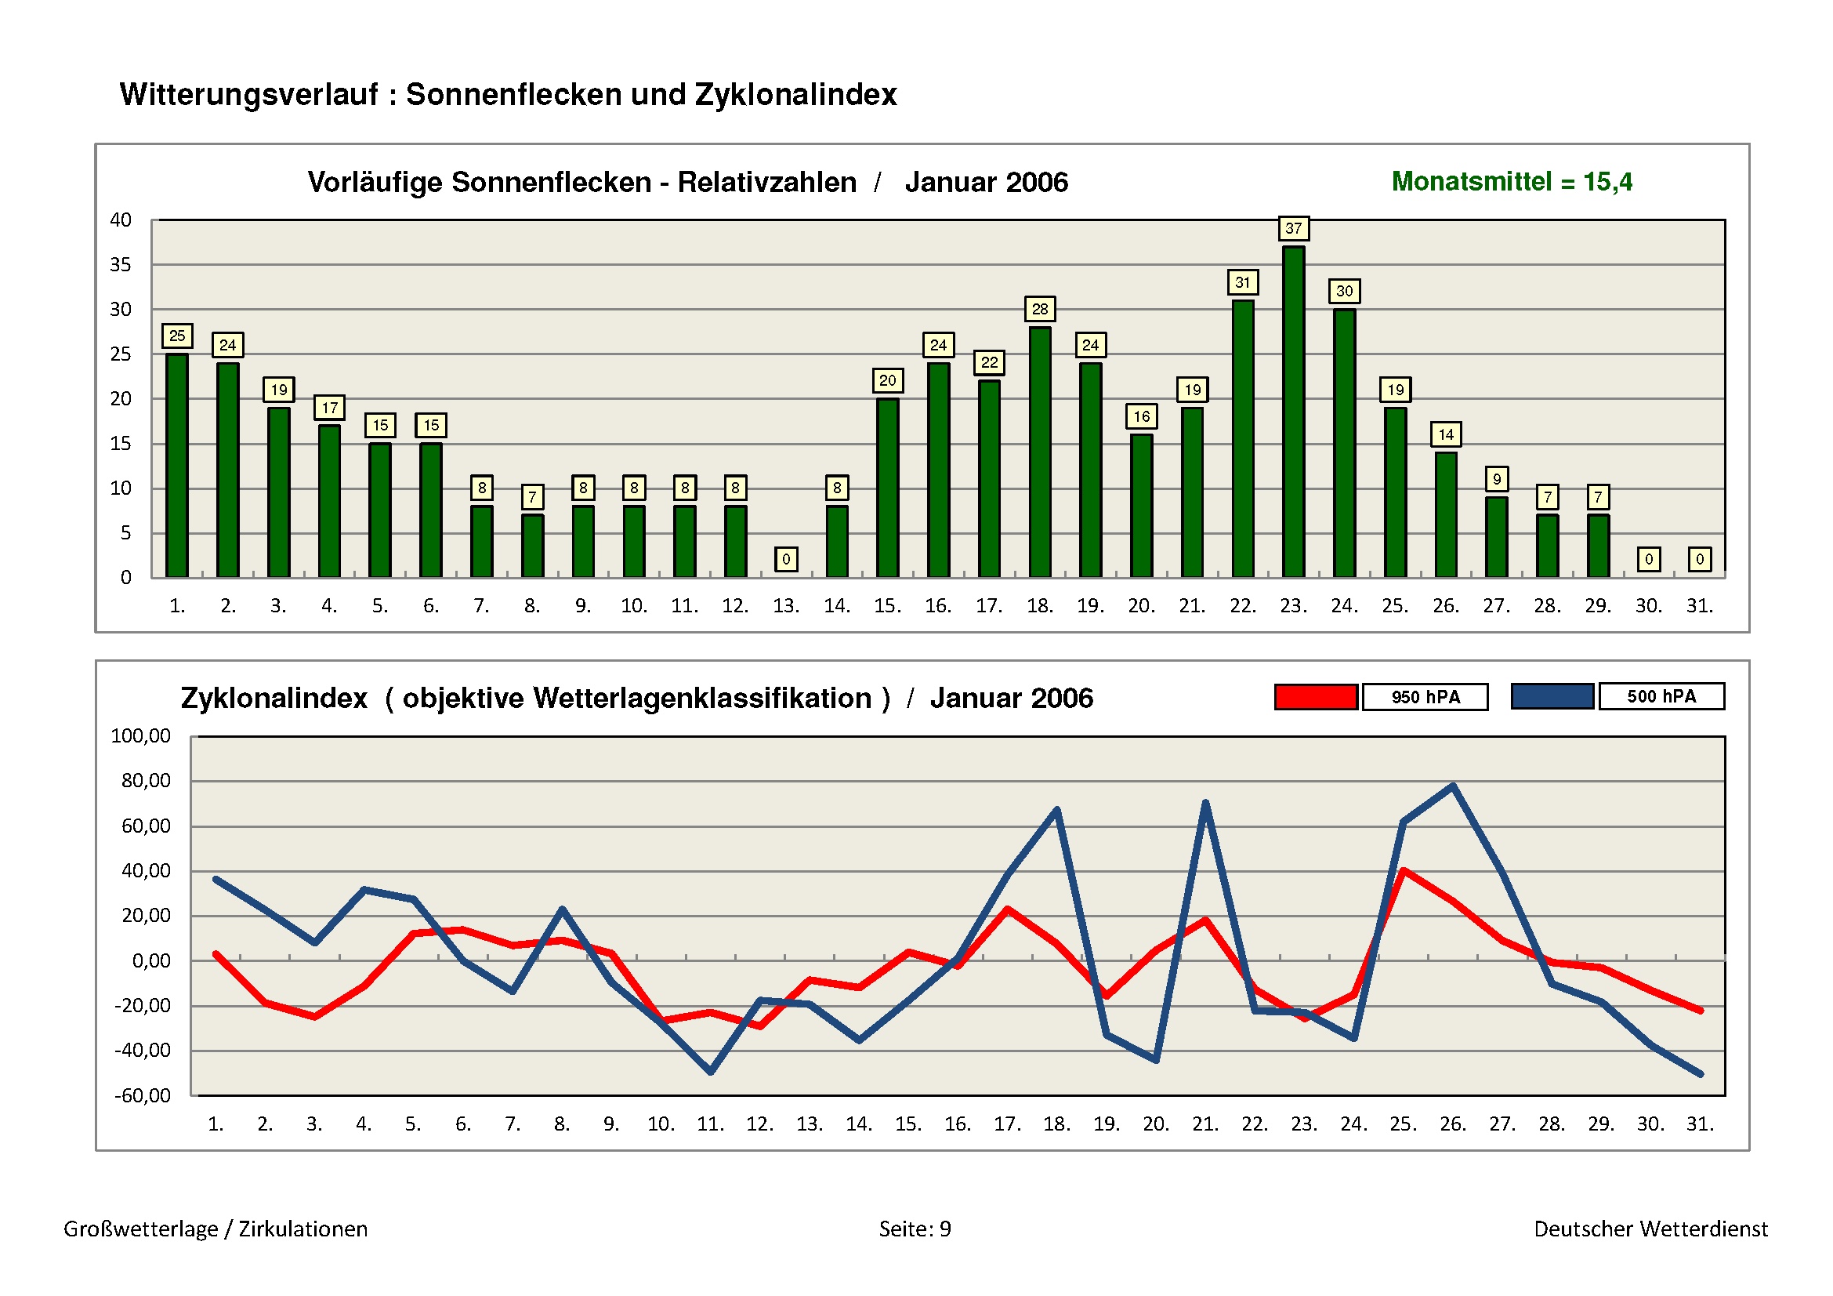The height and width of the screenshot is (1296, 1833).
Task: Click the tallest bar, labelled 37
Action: [1293, 412]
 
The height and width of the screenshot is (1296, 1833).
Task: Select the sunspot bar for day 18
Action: [1039, 451]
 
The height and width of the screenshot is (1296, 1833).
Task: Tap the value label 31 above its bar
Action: [1242, 282]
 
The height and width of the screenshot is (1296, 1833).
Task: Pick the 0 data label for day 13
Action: [785, 559]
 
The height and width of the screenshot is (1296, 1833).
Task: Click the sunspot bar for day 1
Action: [177, 465]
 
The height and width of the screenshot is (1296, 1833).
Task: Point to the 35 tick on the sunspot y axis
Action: [121, 264]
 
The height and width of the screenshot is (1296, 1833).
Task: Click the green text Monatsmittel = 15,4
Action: [1511, 182]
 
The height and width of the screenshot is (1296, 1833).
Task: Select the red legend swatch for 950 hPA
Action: [1316, 697]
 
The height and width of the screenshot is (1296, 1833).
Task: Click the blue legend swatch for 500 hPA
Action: [1552, 696]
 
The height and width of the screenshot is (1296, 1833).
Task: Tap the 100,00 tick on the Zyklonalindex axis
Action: [140, 735]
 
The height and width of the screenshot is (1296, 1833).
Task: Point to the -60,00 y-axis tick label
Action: [142, 1095]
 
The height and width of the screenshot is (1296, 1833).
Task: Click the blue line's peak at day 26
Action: [1453, 786]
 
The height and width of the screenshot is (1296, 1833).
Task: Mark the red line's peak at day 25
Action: [1404, 871]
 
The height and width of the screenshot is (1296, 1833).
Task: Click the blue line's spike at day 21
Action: [1204, 804]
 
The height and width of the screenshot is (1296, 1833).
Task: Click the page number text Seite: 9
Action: [915, 1229]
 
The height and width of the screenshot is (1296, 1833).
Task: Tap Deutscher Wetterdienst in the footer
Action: [1650, 1229]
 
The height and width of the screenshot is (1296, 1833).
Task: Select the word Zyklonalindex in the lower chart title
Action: [274, 699]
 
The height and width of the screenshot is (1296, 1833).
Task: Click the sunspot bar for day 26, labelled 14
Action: [1446, 514]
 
